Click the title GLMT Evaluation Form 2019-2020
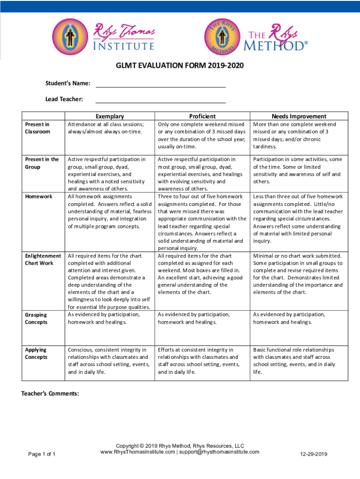(x=180, y=66)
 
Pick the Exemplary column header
(x=110, y=116)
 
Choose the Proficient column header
(x=202, y=116)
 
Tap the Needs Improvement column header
(x=299, y=116)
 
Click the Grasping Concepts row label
(x=36, y=318)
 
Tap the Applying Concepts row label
(x=36, y=353)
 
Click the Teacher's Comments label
(x=50, y=393)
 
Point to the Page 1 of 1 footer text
(x=42, y=454)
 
